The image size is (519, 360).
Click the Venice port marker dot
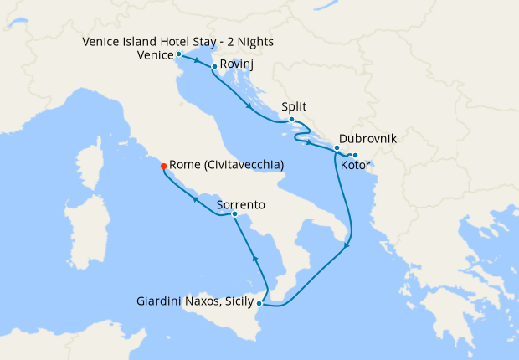point(178,54)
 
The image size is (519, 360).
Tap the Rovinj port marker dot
point(215,67)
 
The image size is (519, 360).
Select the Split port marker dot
point(291,120)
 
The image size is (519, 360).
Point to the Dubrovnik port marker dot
point(337,148)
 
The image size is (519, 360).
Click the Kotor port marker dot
point(355,156)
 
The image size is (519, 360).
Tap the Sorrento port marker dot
point(234,215)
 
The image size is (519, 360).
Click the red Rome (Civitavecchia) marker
point(163,166)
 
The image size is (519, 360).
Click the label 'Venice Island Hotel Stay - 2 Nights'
point(178,42)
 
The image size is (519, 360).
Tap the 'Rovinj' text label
point(237,64)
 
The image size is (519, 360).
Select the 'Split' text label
point(294,107)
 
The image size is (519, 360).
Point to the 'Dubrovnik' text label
point(367,140)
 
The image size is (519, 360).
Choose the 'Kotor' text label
point(356,167)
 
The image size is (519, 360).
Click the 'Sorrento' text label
point(241,204)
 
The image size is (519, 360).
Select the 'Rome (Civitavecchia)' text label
point(226,166)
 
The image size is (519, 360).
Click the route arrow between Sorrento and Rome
point(195,199)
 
